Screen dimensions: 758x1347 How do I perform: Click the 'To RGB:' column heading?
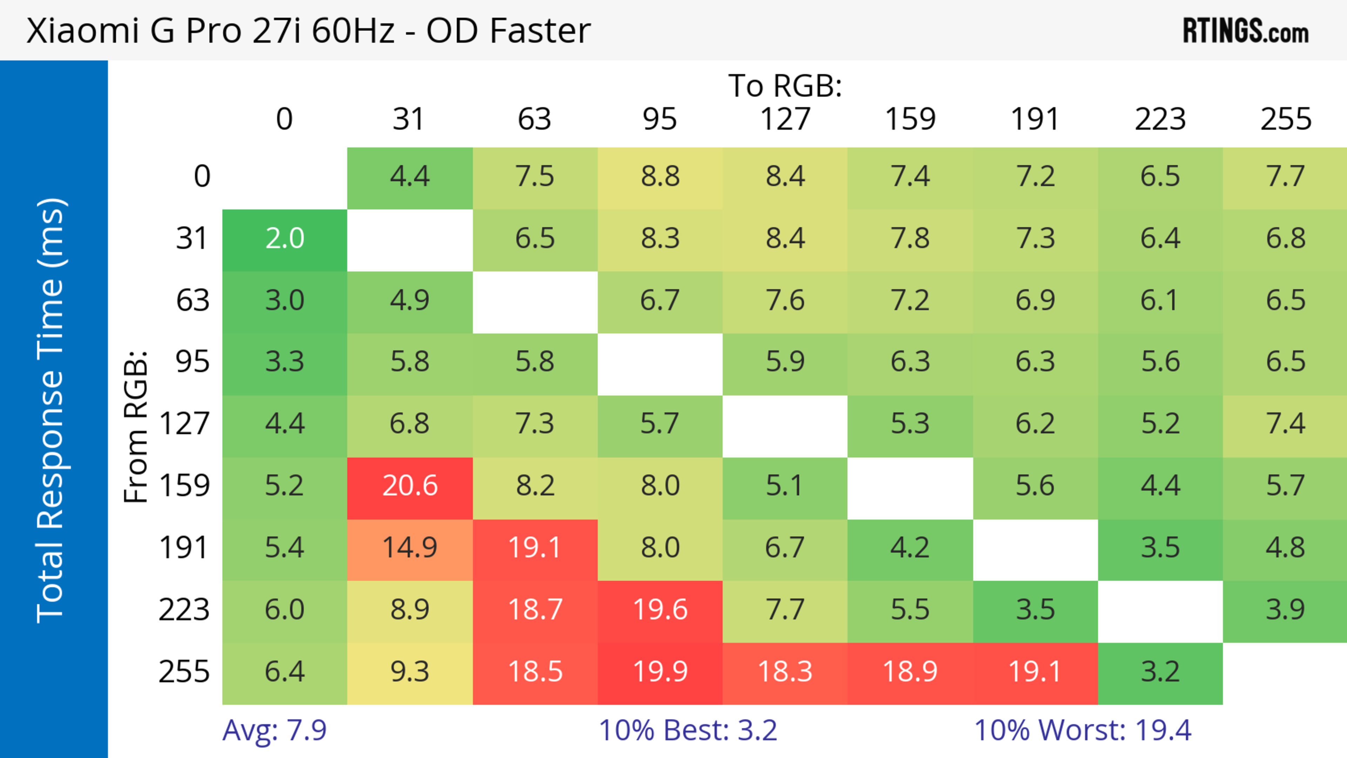click(x=785, y=86)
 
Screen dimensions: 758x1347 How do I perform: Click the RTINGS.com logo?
click(x=1246, y=31)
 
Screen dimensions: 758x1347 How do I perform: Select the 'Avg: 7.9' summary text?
click(x=275, y=730)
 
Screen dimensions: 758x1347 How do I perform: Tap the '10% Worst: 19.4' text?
click(x=1083, y=730)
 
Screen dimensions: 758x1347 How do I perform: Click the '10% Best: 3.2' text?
click(x=688, y=730)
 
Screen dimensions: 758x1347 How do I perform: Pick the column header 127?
click(x=785, y=120)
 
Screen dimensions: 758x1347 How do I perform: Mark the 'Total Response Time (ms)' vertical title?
click(x=51, y=410)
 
